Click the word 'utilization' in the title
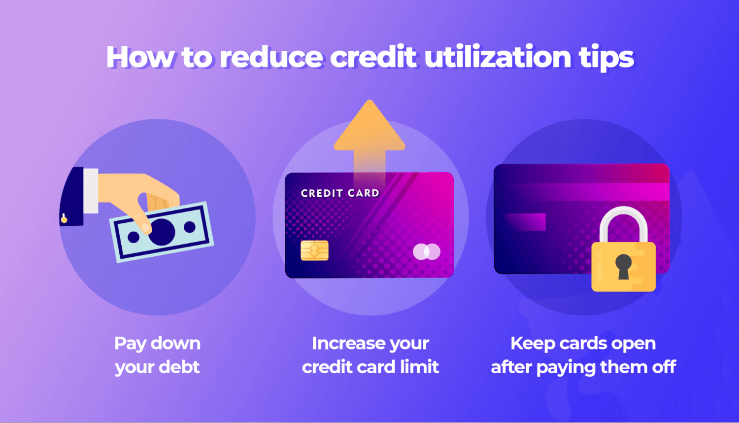(x=498, y=57)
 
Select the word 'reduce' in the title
(x=271, y=57)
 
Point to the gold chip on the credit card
(x=314, y=250)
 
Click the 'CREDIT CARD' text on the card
(x=340, y=193)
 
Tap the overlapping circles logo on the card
(x=427, y=252)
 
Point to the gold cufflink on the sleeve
(x=64, y=218)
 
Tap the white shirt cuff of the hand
(x=91, y=191)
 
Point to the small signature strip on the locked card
(x=525, y=222)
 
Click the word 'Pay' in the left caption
(x=130, y=344)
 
